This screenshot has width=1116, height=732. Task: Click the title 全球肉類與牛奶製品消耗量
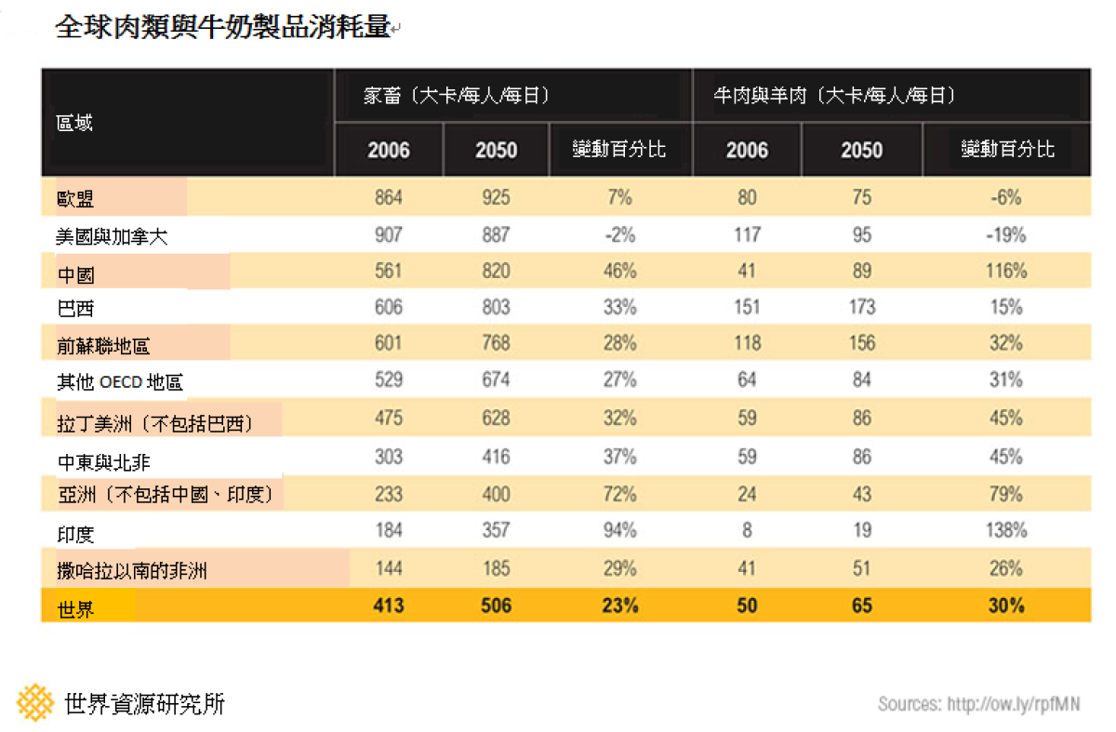pyautogui.click(x=222, y=26)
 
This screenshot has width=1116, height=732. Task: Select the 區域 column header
pyautogui.click(x=74, y=123)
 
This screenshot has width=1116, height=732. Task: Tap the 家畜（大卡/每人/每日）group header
pyautogui.click(x=456, y=95)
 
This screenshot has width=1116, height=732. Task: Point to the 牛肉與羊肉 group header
pyautogui.click(x=760, y=95)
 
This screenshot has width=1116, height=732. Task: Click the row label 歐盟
pyautogui.click(x=75, y=199)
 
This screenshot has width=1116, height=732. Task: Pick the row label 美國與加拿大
pyautogui.click(x=112, y=236)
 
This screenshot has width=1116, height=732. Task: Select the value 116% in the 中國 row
pyautogui.click(x=1006, y=271)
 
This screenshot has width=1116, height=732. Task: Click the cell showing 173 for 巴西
pyautogui.click(x=862, y=307)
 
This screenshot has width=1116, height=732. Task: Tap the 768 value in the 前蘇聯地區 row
pyautogui.click(x=496, y=343)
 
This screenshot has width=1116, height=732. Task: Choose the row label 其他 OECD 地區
pyautogui.click(x=120, y=382)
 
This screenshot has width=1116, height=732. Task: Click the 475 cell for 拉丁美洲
pyautogui.click(x=389, y=418)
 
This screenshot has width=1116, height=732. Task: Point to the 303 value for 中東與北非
pyautogui.click(x=389, y=457)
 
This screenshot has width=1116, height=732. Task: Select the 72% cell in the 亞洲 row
pyautogui.click(x=619, y=494)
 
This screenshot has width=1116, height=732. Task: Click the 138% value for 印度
pyautogui.click(x=1006, y=530)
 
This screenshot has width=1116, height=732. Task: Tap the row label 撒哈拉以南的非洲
pyautogui.click(x=132, y=570)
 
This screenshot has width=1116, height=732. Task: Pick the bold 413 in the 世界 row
pyautogui.click(x=389, y=606)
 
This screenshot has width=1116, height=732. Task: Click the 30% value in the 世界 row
pyautogui.click(x=1006, y=606)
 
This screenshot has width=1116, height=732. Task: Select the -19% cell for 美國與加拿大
pyautogui.click(x=1006, y=234)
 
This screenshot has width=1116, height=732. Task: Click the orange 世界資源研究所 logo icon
pyautogui.click(x=35, y=702)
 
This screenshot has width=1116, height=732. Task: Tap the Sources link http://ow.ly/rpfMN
pyautogui.click(x=1014, y=704)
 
